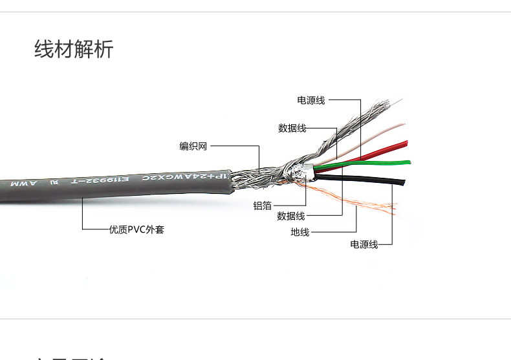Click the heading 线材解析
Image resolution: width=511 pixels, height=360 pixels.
point(74,49)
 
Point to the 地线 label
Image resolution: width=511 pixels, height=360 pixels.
point(299,232)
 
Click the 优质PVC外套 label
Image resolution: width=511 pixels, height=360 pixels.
point(136,229)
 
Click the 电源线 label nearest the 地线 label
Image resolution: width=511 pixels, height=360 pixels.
point(364,245)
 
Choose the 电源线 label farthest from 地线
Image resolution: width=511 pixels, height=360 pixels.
point(311,100)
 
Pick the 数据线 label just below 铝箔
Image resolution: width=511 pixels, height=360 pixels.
point(290,216)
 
